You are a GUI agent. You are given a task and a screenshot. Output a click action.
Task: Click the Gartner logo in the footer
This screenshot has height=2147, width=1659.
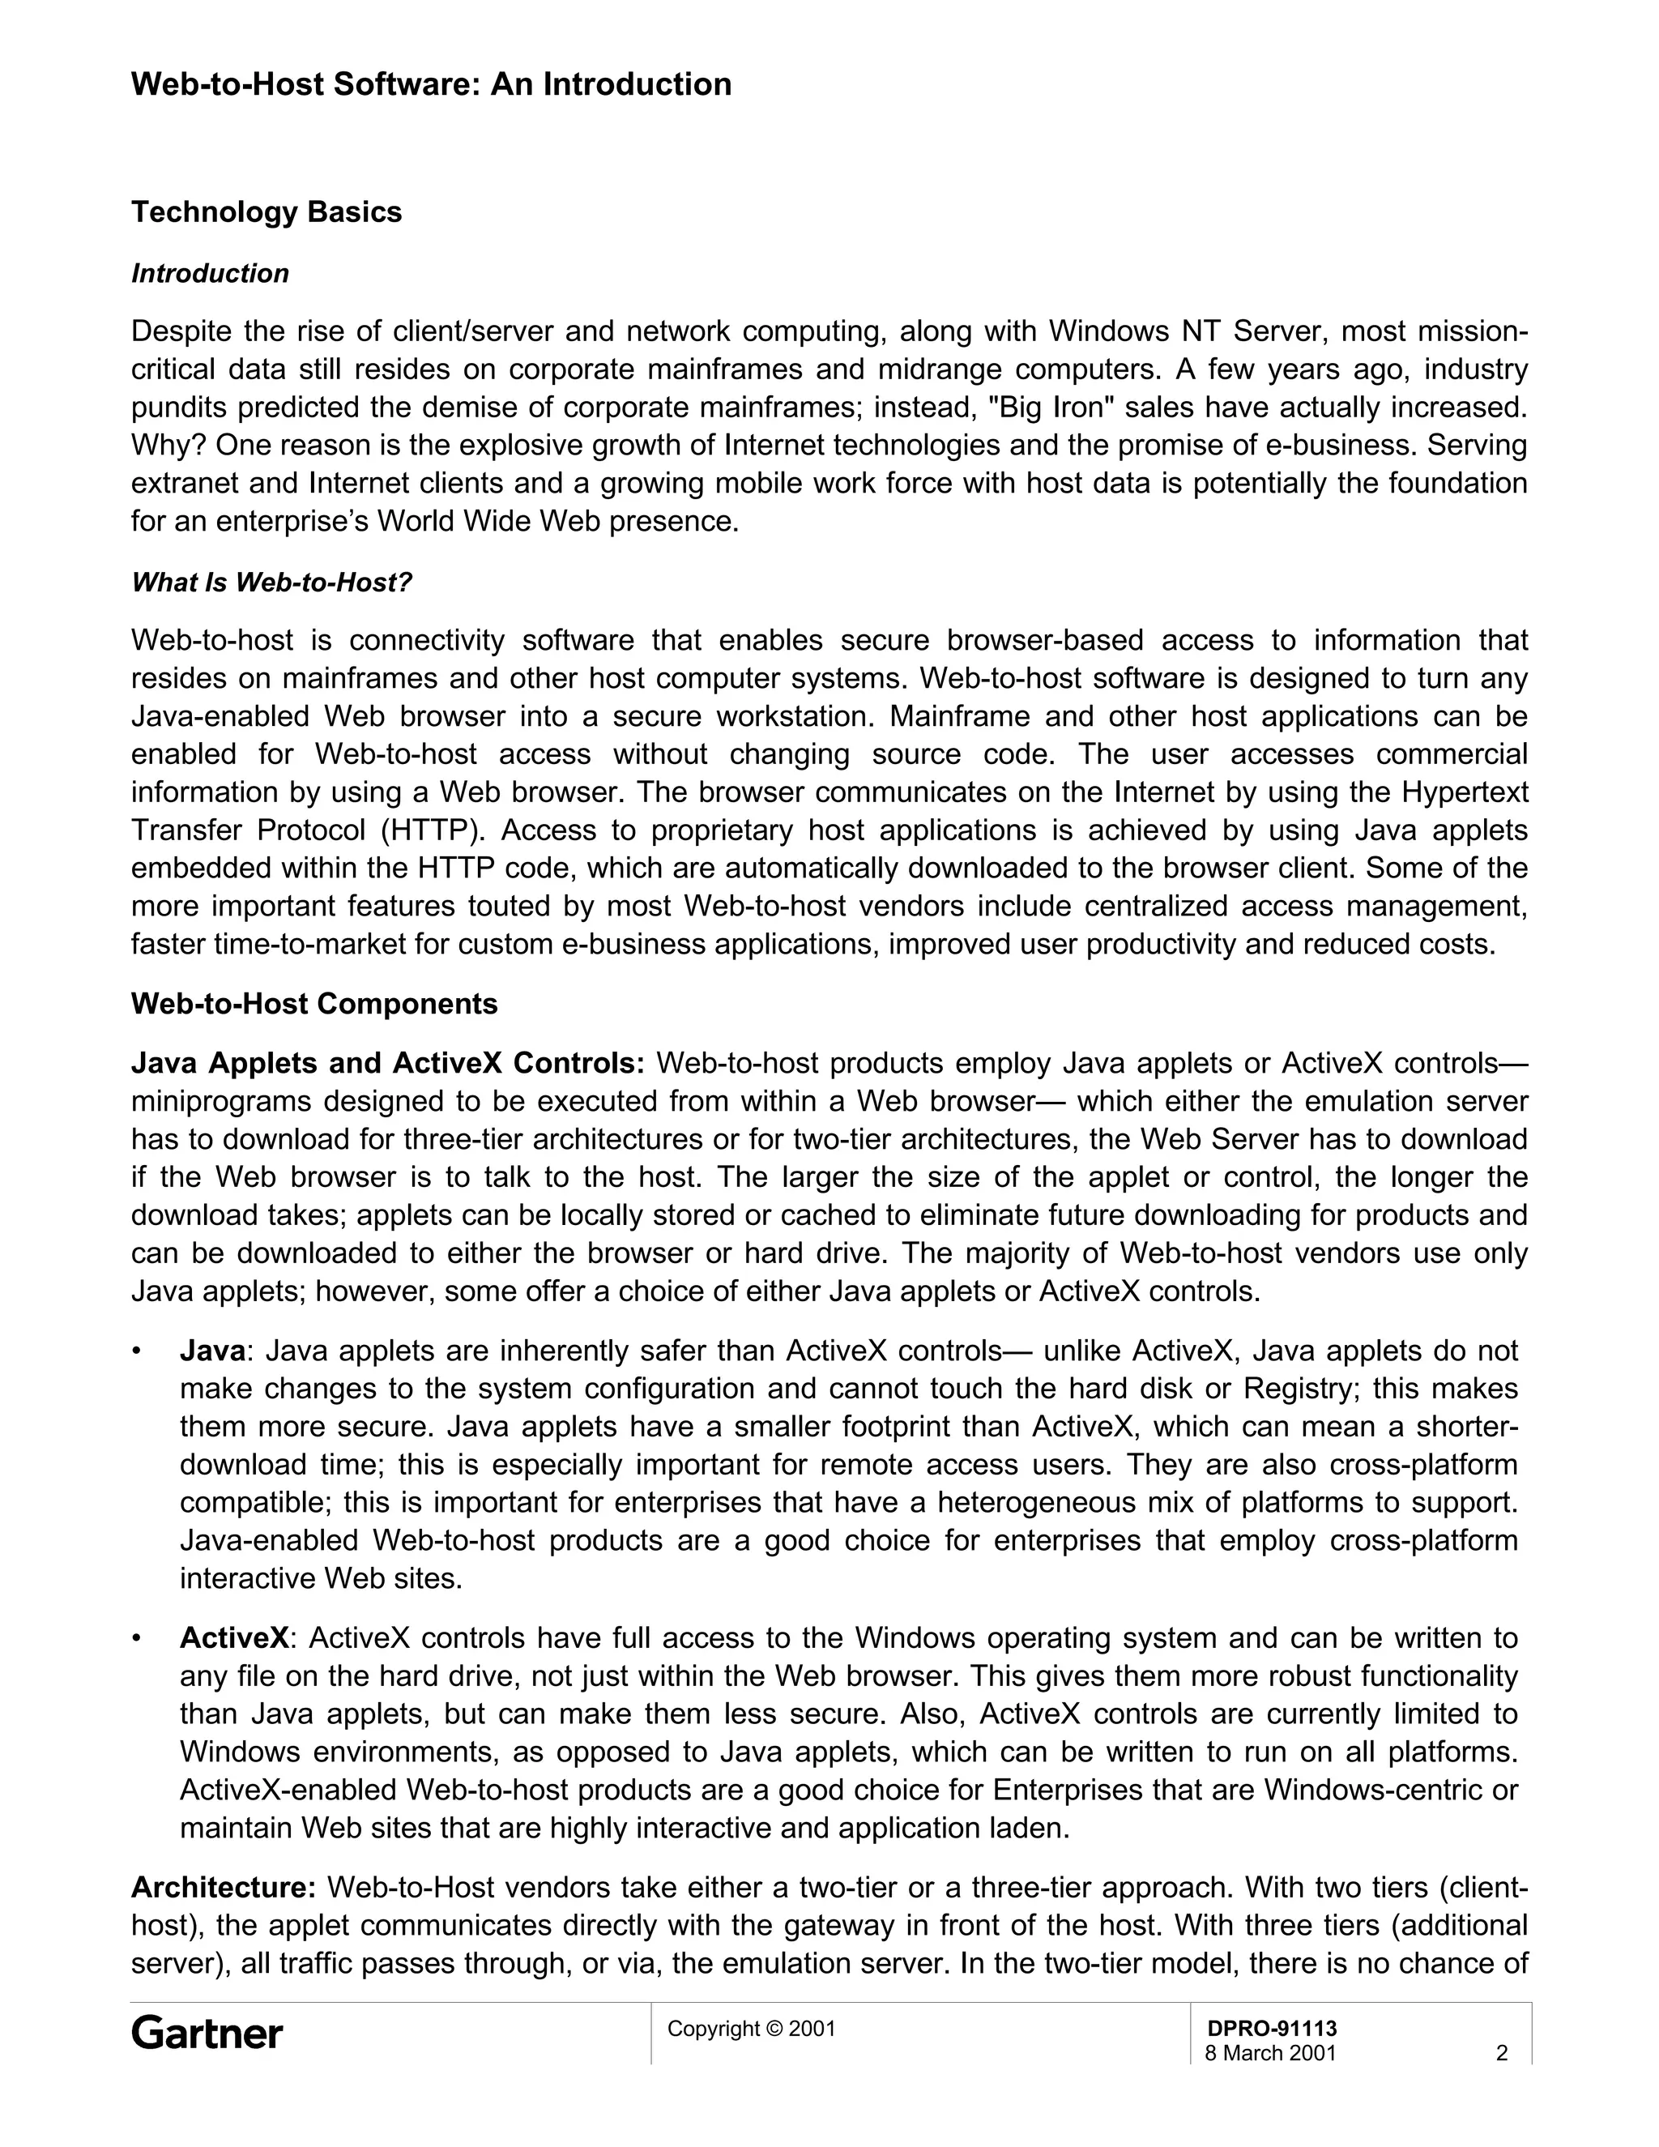point(207,2033)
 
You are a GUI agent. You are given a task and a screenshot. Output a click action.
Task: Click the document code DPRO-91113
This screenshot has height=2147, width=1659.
point(1271,2028)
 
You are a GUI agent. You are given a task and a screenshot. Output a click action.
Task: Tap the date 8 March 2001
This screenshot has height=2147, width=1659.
point(1270,2053)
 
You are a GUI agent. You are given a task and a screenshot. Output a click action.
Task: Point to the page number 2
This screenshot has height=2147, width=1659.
point(1501,2053)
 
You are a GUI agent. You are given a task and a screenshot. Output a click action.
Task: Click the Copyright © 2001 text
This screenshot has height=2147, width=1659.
point(751,2028)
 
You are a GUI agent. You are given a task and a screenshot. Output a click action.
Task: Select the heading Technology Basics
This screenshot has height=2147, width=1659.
point(267,212)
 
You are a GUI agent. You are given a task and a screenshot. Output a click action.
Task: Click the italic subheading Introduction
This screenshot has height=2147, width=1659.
point(211,273)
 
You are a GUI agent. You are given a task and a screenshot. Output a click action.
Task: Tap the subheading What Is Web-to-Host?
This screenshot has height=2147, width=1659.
point(271,583)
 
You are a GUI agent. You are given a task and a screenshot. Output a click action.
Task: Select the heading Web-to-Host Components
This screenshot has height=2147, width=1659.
point(314,1004)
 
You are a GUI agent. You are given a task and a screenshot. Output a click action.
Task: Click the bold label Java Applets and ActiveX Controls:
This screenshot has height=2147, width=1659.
point(387,1064)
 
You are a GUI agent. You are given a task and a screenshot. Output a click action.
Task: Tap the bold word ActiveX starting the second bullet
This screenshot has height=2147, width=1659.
point(234,1639)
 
